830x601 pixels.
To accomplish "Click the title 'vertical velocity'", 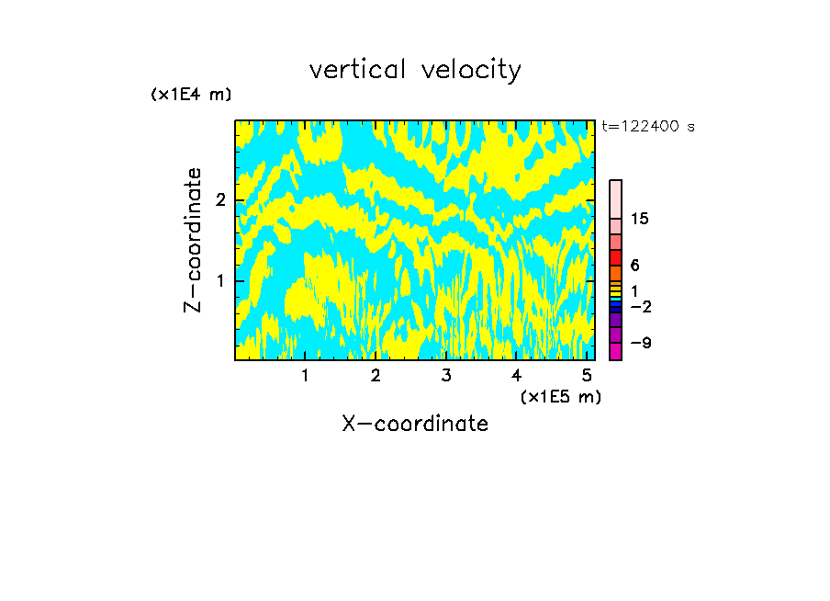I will coord(415,70).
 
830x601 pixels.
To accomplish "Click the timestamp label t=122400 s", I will coord(648,127).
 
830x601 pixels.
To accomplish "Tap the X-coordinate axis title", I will coord(415,424).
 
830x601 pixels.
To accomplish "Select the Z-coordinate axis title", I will coord(193,240).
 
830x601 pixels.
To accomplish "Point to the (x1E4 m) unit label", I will coord(191,95).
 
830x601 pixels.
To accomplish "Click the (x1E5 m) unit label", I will coord(560,396).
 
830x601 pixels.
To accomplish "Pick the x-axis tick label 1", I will coord(305,376).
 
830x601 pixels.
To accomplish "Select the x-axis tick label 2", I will coord(376,376).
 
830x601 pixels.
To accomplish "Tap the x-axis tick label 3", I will coord(446,376).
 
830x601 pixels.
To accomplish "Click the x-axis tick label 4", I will coord(517,376).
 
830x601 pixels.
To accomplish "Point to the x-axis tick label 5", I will coord(587,376).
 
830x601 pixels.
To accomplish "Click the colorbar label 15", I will coord(641,219).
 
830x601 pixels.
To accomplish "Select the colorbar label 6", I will coord(634,266).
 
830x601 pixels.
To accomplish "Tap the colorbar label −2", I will coord(641,306).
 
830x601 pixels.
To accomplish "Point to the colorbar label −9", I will coord(641,343).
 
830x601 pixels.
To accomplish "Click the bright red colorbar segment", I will coord(616,257).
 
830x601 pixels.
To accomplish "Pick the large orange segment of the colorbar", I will coord(616,273).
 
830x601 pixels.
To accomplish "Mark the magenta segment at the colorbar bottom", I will coord(616,351).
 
